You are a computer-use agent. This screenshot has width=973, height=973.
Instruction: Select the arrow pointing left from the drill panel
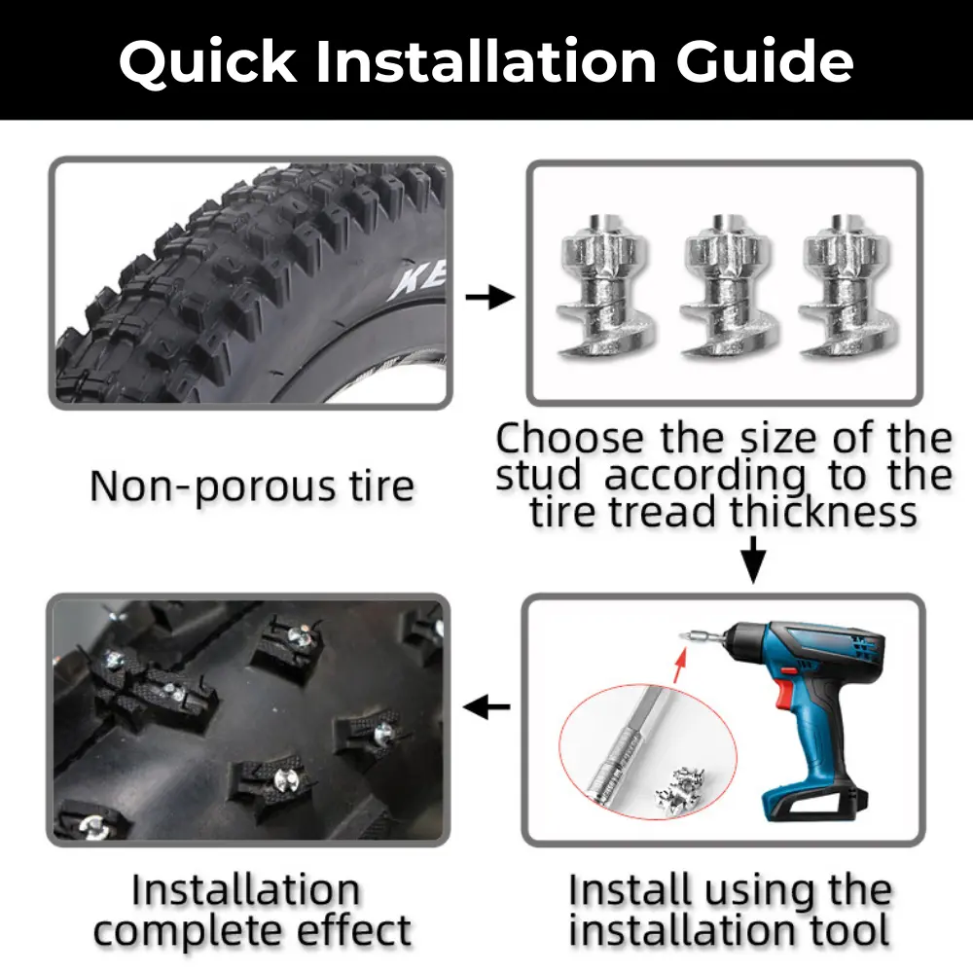pyautogui.click(x=487, y=707)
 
